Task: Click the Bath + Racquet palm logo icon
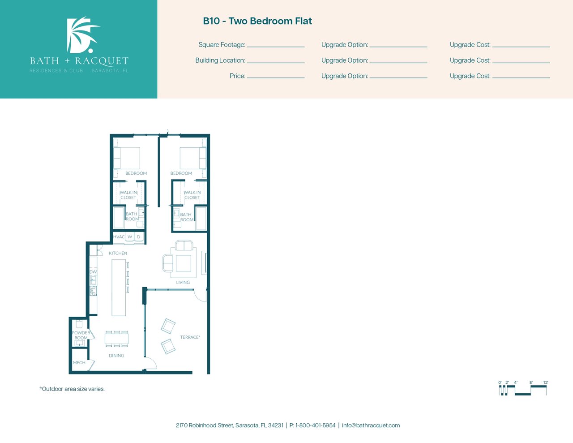[x=82, y=35]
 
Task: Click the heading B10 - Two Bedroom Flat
[x=257, y=21]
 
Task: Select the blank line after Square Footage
[x=276, y=47]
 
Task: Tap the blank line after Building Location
[x=276, y=63]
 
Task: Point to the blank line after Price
[x=276, y=78]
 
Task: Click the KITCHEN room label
[x=118, y=253]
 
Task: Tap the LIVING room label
[x=183, y=282]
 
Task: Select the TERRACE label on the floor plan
[x=190, y=337]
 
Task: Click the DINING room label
[x=116, y=355]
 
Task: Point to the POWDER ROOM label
[x=81, y=335]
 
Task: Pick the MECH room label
[x=79, y=362]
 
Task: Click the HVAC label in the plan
[x=119, y=237]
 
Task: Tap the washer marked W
[x=130, y=237]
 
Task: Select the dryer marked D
[x=138, y=237]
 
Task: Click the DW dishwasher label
[x=93, y=272]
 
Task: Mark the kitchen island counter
[x=119, y=288]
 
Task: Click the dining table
[x=117, y=338]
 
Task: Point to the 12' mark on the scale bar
[x=545, y=383]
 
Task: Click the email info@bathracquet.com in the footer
[x=371, y=426]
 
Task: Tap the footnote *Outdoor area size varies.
[x=72, y=389]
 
